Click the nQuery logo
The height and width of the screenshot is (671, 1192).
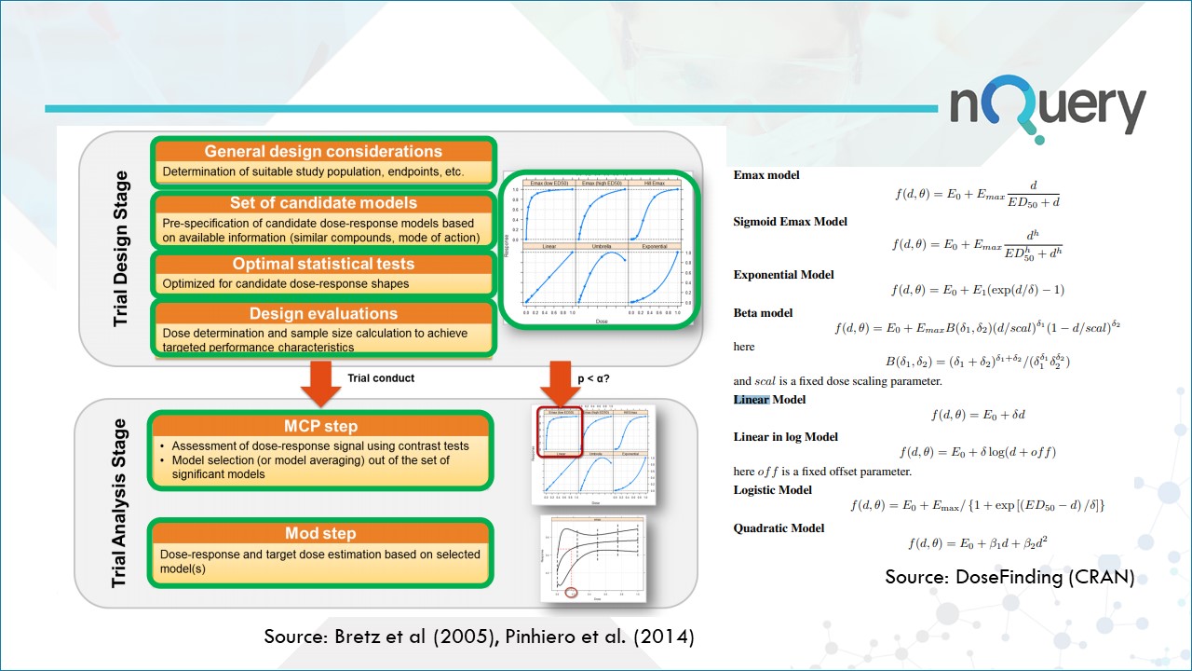point(1047,109)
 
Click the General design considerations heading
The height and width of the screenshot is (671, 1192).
point(323,151)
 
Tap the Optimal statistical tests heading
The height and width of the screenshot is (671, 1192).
point(323,264)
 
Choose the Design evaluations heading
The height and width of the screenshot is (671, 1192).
point(323,314)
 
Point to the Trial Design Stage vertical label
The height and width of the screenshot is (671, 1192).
point(121,248)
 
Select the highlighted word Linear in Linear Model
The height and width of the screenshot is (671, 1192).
point(751,400)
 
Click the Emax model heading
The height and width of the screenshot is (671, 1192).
point(765,174)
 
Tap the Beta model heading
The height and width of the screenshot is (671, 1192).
point(763,312)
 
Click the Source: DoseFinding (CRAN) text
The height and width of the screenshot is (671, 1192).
point(1009,577)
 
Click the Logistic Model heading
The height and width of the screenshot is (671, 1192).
point(772,489)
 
